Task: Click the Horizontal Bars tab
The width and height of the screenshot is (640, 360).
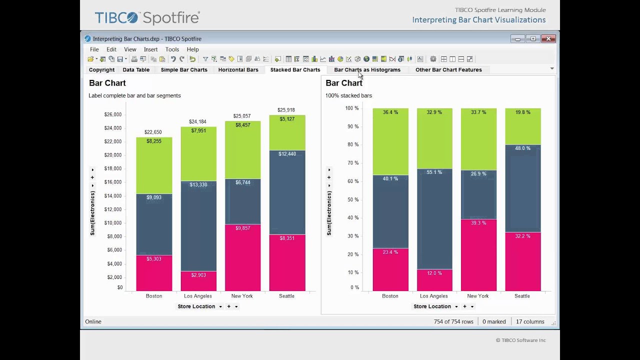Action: click(x=238, y=70)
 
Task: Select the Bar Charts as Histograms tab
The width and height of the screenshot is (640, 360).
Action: click(x=367, y=70)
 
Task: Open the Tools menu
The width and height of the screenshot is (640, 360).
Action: click(x=172, y=49)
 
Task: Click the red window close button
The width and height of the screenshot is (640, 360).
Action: click(x=548, y=39)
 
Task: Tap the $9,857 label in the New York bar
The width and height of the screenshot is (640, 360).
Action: click(x=242, y=228)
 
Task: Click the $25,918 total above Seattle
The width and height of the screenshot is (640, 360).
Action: click(x=286, y=110)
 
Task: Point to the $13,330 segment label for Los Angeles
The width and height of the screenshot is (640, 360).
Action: click(x=198, y=185)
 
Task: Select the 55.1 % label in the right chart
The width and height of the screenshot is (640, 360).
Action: click(x=434, y=172)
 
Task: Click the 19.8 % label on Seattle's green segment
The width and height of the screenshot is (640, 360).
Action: click(x=522, y=112)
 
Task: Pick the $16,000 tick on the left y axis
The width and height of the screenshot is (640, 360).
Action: click(x=113, y=182)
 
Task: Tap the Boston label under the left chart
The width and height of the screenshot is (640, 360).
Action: click(x=154, y=296)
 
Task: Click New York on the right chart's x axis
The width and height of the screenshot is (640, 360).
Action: click(x=478, y=296)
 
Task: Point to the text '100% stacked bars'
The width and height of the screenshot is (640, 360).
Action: click(x=348, y=95)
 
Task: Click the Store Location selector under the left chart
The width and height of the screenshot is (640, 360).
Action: click(x=196, y=306)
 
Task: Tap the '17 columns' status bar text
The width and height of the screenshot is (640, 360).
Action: click(x=530, y=321)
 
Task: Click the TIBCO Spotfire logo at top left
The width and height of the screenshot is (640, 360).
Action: click(x=147, y=18)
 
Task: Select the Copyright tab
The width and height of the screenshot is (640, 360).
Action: click(x=101, y=70)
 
